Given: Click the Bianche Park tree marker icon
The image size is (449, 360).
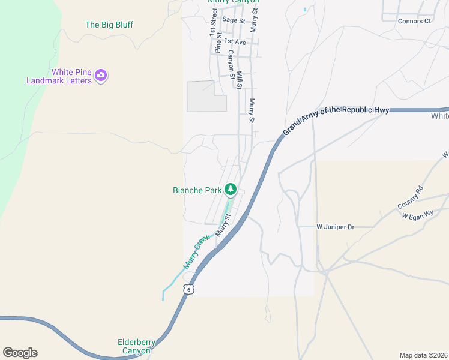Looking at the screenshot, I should pos(230,190).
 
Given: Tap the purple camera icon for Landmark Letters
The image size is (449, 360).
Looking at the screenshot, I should pos(101,76).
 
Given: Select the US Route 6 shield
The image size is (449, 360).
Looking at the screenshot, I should pos(189,289).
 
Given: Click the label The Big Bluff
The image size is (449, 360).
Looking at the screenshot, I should pos(109,25).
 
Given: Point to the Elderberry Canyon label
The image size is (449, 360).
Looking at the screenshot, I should pos(136,346).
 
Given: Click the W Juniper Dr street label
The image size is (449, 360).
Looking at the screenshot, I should pos(335,227).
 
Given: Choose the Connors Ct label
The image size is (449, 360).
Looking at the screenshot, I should pos(414,21).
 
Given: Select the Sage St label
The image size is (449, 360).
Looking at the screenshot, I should pos(234,20).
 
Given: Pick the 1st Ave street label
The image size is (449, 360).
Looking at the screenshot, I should pos(235,43).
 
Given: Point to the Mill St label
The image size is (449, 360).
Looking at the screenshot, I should pos(239,80).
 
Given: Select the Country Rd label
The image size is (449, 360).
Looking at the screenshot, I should pos(410,197).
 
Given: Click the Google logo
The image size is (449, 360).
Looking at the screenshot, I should pos(20,353).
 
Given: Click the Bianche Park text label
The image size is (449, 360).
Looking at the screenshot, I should pos(197,190).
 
